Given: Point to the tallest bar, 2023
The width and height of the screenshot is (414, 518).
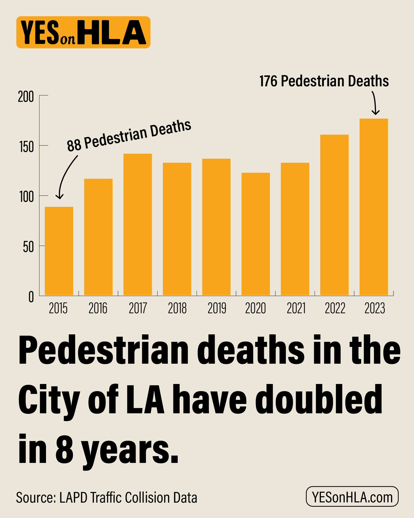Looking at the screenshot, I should click(x=373, y=207).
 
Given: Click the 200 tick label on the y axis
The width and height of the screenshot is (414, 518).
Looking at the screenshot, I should click(x=26, y=97).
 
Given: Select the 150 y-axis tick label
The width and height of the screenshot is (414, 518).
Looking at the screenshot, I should click(x=26, y=147).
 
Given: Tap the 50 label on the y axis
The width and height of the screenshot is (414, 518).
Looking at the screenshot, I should click(x=28, y=247).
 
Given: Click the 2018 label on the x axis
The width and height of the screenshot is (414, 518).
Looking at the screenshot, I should click(x=177, y=308).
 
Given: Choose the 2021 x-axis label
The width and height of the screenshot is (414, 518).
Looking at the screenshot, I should click(x=296, y=308).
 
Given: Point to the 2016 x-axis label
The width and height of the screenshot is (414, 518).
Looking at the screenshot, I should click(x=98, y=308).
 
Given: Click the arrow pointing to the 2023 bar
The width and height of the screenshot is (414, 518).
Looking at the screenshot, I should click(x=375, y=103).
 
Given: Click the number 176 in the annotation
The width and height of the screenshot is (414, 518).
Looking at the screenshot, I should click(x=268, y=81).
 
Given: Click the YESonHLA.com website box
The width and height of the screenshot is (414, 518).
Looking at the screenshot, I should click(x=352, y=496).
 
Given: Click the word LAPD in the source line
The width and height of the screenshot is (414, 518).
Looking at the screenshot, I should click(x=73, y=498).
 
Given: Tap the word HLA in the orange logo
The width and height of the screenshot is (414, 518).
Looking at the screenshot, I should click(x=112, y=33).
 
